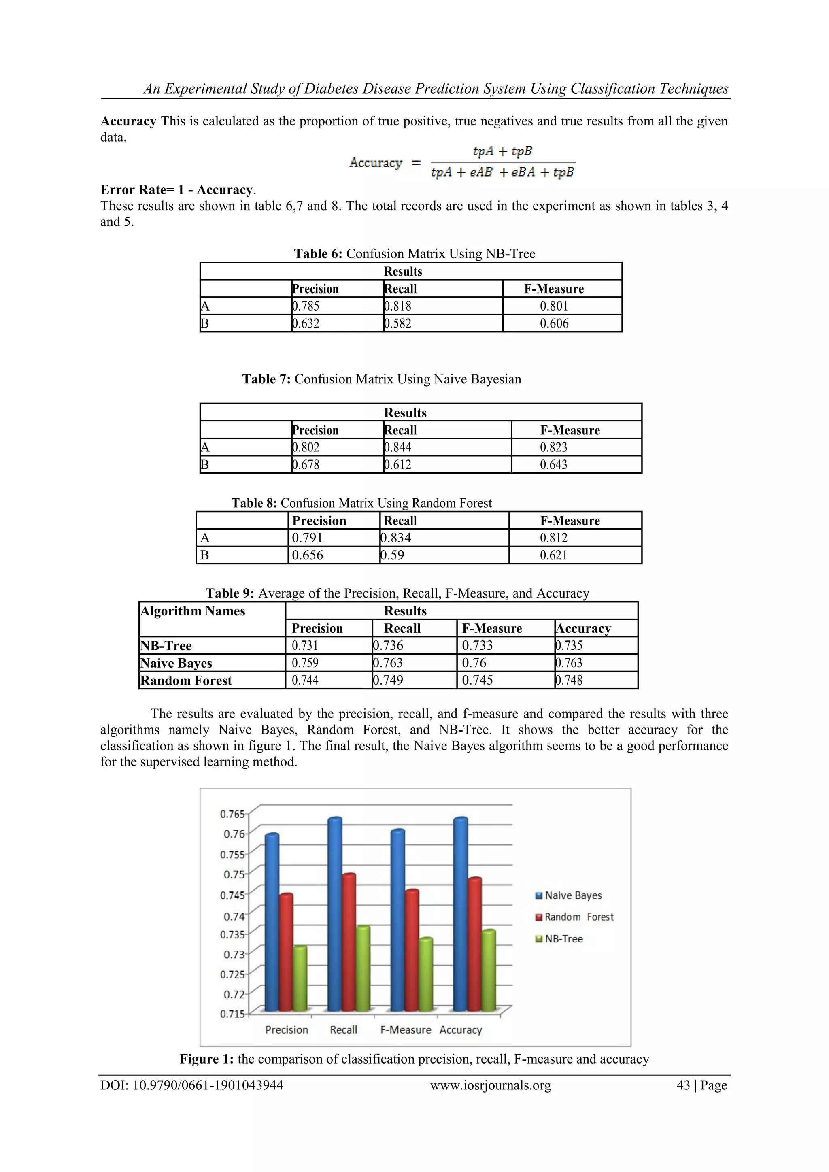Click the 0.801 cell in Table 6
pos(554,306)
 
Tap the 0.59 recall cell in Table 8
pos(393,555)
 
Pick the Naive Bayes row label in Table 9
pos(176,663)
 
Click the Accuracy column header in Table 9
pos(583,628)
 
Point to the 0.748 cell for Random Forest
pos(569,681)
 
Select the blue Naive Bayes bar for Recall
pos(335,914)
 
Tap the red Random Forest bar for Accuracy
pos(475,944)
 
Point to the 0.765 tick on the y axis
pos(232,814)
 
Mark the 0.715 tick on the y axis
pos(232,1014)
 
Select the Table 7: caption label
pos(266,379)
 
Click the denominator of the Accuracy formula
pos(502,172)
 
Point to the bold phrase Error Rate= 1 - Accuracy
pos(176,190)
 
